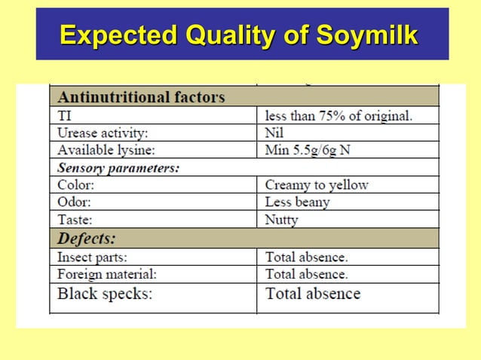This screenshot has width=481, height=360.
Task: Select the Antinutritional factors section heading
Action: point(141,97)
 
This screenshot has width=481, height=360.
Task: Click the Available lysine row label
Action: point(106,150)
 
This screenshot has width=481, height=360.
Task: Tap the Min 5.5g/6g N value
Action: point(308,150)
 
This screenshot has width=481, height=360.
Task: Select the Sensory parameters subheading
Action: point(118,167)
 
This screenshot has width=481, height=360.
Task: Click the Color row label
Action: point(75,185)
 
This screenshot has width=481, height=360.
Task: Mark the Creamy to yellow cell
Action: point(317,185)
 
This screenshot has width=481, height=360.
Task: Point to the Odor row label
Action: point(75,202)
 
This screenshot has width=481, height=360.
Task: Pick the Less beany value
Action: point(297,202)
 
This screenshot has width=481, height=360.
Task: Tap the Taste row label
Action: point(75,220)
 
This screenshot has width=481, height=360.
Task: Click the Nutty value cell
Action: point(281,220)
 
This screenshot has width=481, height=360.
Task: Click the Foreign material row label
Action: point(107,274)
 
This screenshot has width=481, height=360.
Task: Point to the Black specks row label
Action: point(105,294)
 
